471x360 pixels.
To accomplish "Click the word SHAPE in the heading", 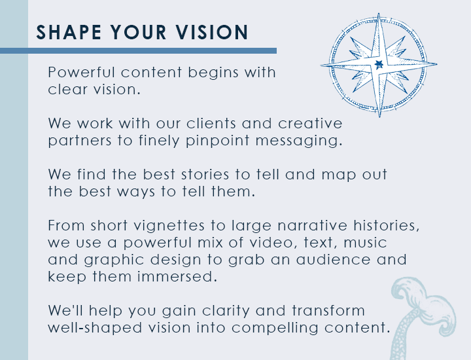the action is coord(69,32).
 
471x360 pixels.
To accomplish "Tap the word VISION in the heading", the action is coord(212,32).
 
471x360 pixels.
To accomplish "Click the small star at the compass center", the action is coord(379,64).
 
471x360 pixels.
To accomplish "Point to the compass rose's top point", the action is coord(379,14).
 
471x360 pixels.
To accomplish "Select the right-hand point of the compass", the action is coord(436,64).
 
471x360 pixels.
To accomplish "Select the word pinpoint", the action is coord(217,141).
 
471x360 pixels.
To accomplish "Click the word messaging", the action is coord(299,141).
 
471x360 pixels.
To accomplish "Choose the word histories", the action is coord(386,226).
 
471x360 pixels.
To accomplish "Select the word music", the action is coord(365,243).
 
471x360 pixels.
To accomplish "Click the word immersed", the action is coord(177,277).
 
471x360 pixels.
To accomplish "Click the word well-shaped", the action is coord(95,328).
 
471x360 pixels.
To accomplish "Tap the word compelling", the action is coord(275,328).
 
